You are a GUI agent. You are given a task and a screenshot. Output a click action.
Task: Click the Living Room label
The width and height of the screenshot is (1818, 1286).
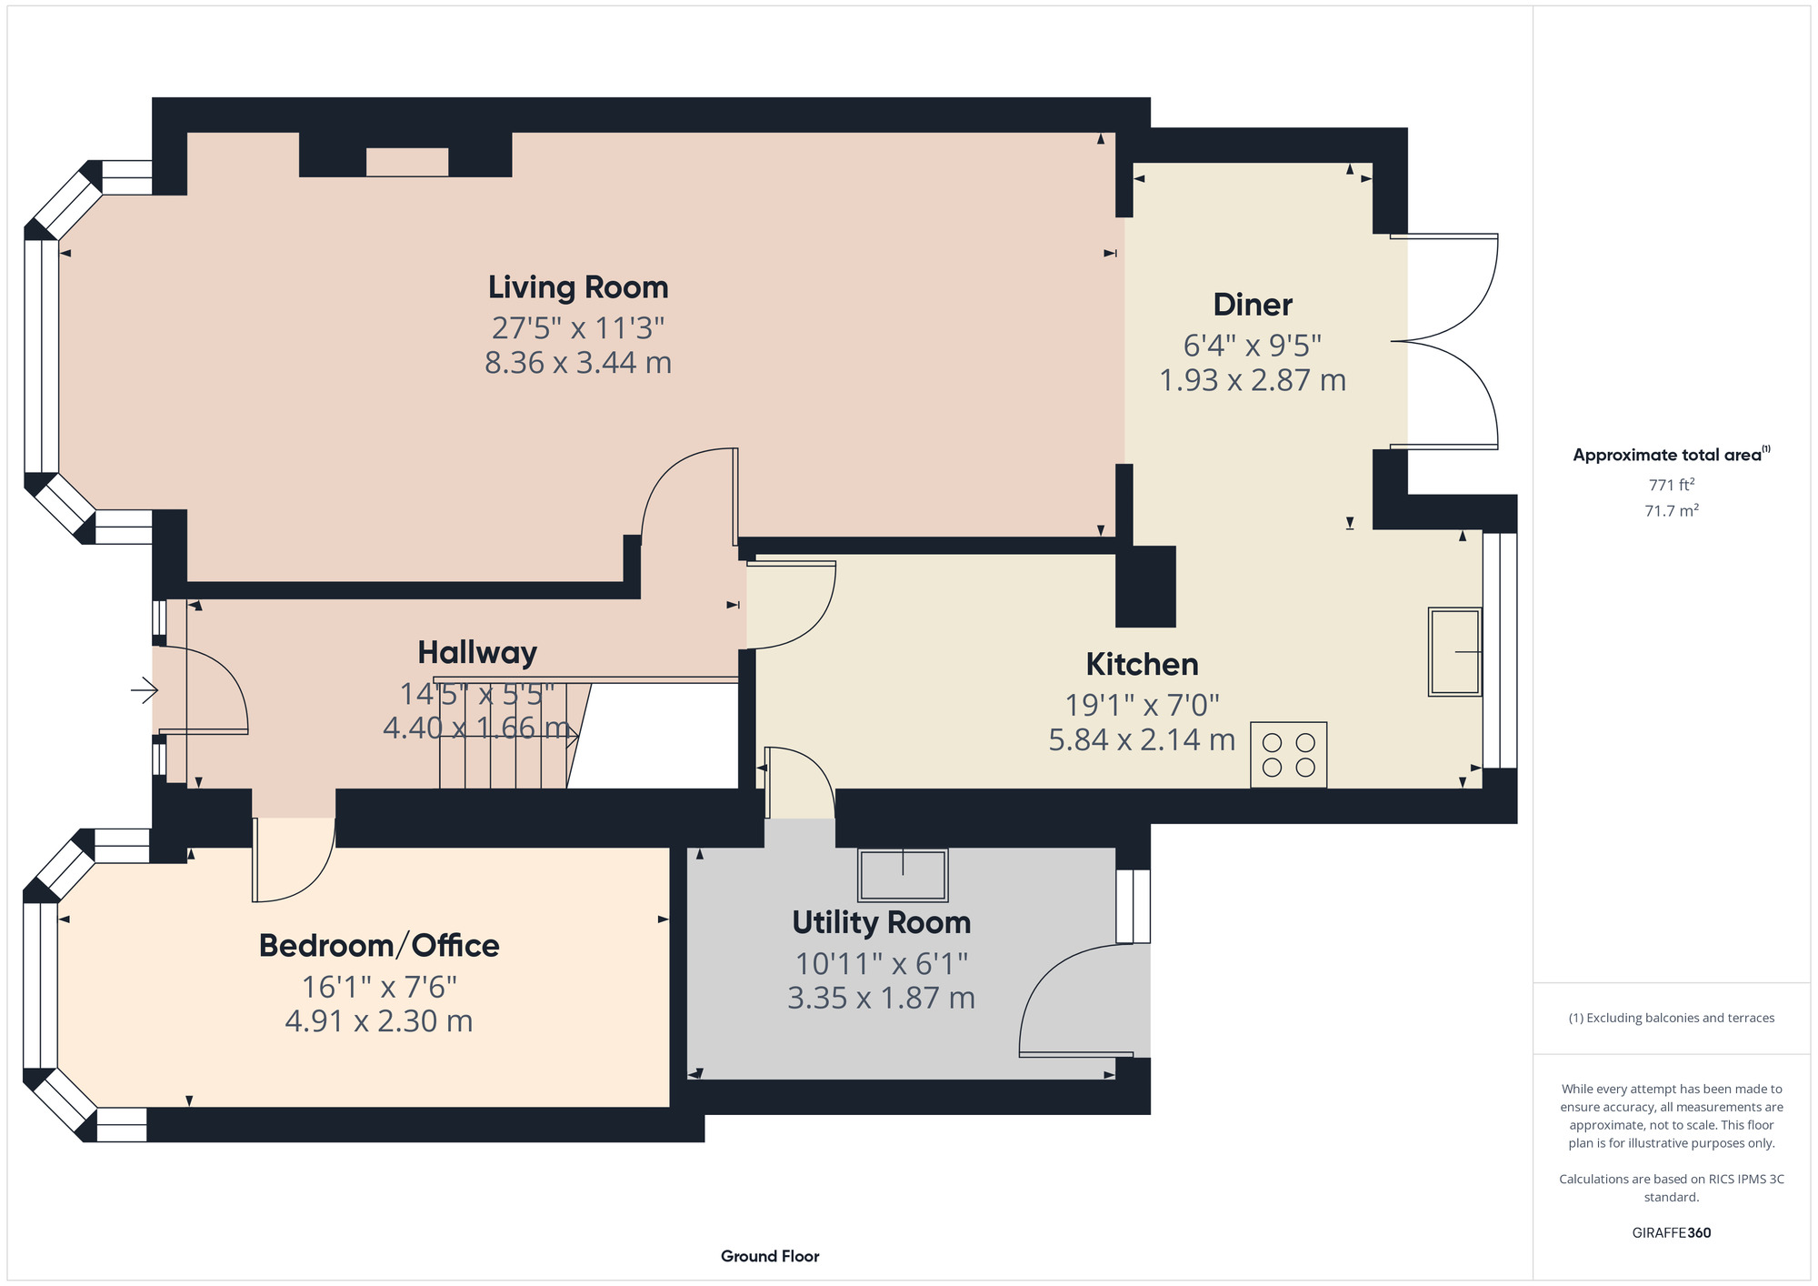(578, 287)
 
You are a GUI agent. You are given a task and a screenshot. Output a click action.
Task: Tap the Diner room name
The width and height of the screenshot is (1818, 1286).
(1253, 305)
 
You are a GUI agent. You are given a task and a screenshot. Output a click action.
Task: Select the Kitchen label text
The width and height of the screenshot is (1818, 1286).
(1142, 665)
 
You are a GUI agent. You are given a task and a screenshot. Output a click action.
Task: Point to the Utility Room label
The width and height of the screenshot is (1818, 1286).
(881, 923)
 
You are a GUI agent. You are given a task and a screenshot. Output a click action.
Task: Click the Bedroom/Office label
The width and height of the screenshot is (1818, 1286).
(379, 946)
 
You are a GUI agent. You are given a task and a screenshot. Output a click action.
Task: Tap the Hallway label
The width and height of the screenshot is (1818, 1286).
(477, 652)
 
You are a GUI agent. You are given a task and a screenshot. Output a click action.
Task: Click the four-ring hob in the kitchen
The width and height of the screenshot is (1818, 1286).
(1288, 755)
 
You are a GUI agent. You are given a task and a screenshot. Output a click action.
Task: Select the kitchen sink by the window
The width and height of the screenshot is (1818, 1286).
(1454, 651)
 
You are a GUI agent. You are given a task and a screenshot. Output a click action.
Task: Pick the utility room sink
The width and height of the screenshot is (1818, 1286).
(903, 874)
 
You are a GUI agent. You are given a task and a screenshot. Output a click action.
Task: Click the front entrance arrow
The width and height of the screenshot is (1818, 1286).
(145, 691)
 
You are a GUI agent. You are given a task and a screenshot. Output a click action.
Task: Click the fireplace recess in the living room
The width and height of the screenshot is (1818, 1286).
(407, 162)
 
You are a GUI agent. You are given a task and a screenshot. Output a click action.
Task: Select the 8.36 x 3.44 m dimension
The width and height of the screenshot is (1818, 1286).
(578, 363)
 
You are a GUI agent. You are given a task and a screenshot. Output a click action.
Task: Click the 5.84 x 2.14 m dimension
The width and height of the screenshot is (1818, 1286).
(1142, 740)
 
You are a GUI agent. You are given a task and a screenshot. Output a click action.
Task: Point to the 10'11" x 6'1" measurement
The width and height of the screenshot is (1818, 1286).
(882, 963)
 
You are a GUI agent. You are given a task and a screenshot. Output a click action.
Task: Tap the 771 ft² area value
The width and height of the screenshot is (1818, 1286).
(1672, 485)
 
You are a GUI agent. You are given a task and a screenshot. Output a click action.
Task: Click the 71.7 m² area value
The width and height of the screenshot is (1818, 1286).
(1672, 510)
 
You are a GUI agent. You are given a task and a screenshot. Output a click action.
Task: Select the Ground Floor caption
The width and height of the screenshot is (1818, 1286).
(770, 1256)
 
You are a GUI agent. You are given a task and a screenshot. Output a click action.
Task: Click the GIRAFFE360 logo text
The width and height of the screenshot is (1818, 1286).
(1672, 1233)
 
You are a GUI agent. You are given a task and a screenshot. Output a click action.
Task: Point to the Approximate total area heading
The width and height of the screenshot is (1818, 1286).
(1671, 455)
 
